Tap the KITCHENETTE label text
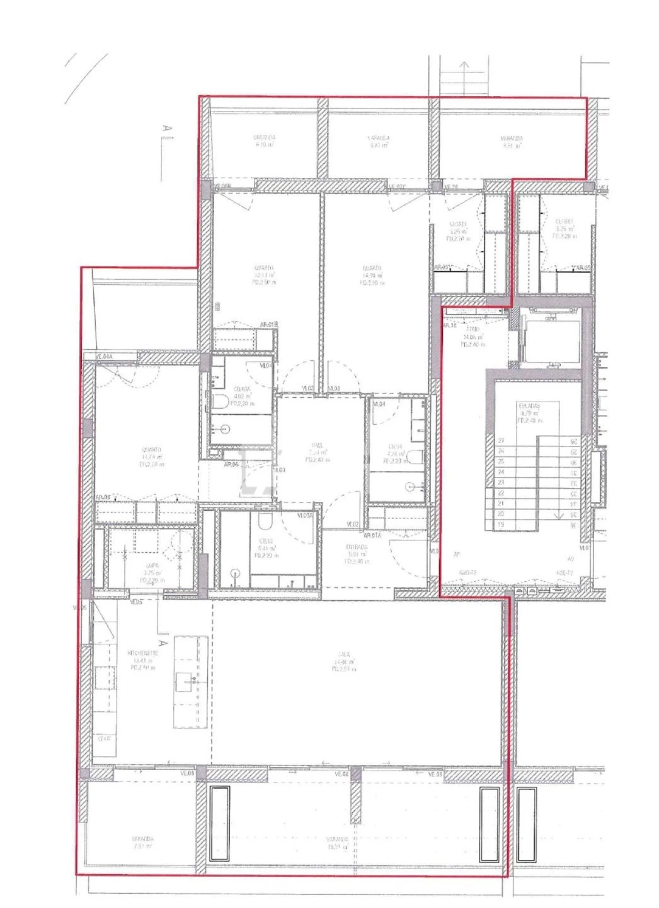[143, 653]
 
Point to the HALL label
[317, 445]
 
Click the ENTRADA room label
[357, 547]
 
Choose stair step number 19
[501, 525]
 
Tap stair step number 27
[501, 441]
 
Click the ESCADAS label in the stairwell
[529, 406]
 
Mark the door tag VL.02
[353, 524]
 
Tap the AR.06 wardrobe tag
[231, 464]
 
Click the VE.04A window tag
[105, 356]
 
